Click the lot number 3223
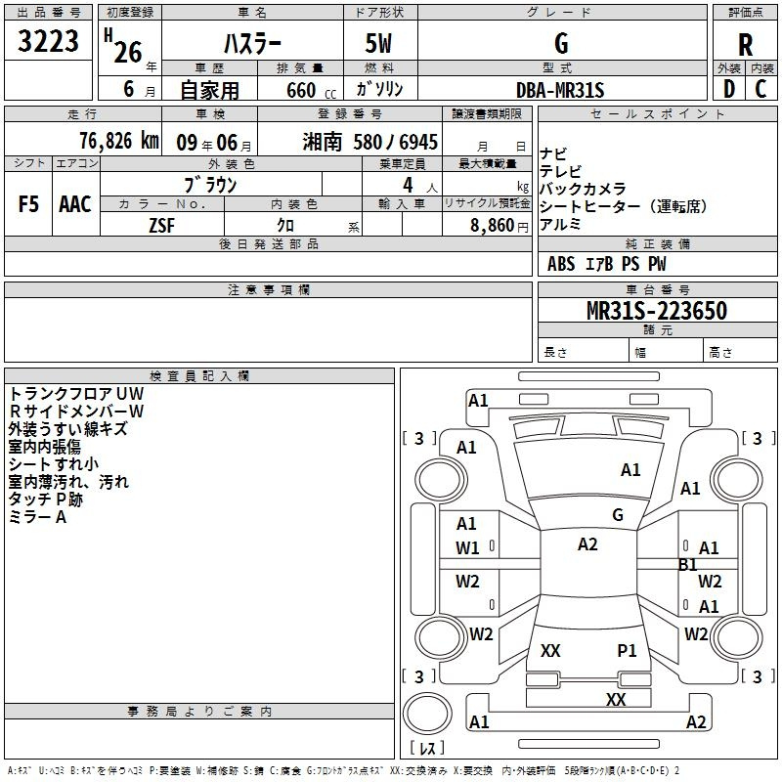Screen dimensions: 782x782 click(48, 41)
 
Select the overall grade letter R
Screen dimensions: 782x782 click(745, 45)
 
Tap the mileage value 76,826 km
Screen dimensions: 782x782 click(119, 141)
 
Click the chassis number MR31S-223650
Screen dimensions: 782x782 click(657, 310)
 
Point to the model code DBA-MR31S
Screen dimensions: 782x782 click(560, 90)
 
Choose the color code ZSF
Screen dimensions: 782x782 click(161, 226)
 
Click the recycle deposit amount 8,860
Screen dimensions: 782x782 click(492, 226)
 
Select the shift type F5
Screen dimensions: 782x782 click(28, 204)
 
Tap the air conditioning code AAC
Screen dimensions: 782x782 click(75, 204)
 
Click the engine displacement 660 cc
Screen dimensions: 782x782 click(311, 91)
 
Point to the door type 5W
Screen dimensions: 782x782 click(378, 43)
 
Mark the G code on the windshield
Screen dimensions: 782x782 click(618, 515)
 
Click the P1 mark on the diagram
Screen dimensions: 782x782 click(627, 650)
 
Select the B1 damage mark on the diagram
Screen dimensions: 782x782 click(688, 565)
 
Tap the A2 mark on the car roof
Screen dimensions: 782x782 click(587, 544)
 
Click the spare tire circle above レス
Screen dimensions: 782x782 click(427, 713)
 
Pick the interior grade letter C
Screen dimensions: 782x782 click(760, 89)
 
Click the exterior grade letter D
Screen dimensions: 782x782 click(729, 89)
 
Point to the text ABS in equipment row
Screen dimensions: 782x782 click(561, 264)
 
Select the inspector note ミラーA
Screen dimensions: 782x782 click(37, 517)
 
